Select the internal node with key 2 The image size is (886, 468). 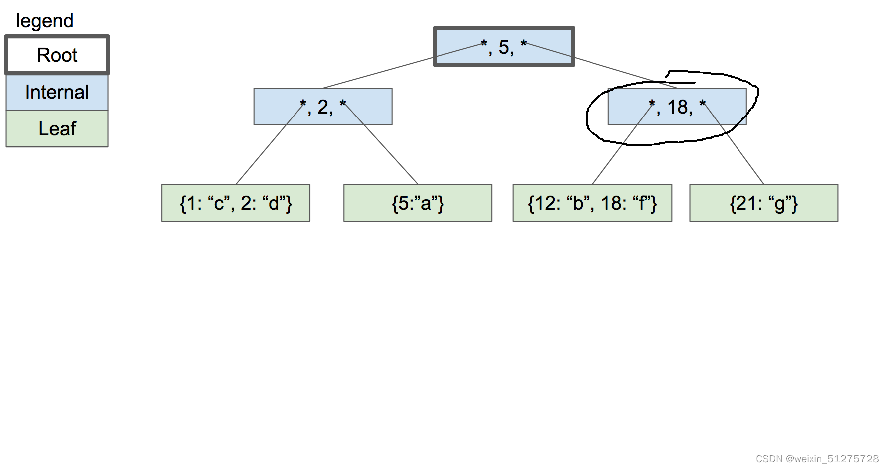[323, 107]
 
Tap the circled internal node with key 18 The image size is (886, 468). [677, 107]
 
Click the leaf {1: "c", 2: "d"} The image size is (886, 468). [236, 203]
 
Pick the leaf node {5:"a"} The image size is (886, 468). [418, 203]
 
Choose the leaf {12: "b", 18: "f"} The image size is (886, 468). [592, 203]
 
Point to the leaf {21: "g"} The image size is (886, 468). [763, 203]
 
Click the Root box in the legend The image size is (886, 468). [57, 55]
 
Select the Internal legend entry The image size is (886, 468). [57, 92]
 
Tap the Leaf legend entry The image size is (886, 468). [57, 128]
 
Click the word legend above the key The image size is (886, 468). [45, 21]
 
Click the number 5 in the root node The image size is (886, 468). [504, 47]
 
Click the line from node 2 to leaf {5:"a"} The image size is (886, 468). [381, 144]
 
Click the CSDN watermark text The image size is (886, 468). [817, 459]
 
